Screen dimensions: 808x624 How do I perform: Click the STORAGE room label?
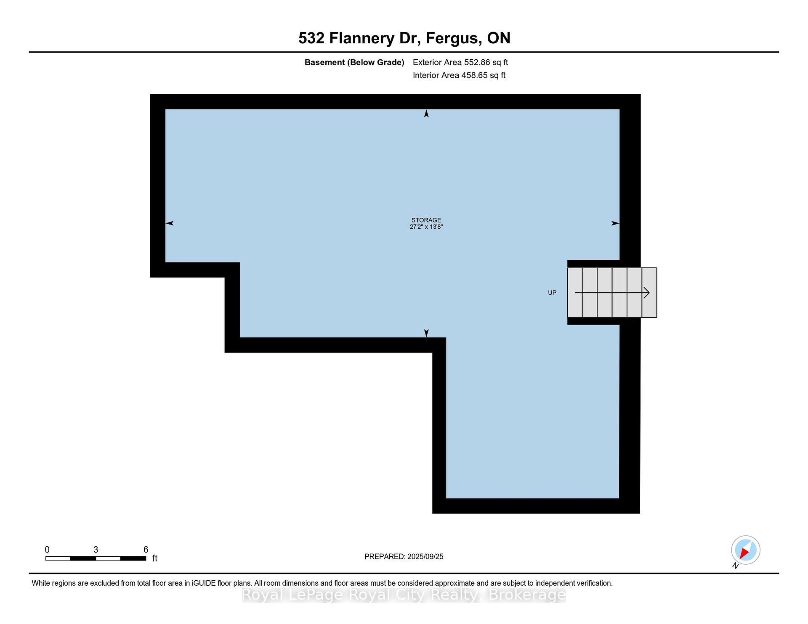tap(426, 220)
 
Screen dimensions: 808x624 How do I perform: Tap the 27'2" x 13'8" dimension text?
tap(426, 227)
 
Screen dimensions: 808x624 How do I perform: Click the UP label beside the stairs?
tap(552, 293)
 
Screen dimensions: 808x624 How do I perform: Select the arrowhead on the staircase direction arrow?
tap(647, 293)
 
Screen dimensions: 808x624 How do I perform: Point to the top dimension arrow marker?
tap(426, 114)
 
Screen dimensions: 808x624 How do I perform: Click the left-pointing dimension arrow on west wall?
tap(170, 223)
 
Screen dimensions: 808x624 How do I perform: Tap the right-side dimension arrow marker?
tap(615, 223)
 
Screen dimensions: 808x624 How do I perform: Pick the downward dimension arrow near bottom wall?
tap(426, 333)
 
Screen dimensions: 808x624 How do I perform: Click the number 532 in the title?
tap(311, 38)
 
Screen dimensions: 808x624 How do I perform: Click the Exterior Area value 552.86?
tap(477, 62)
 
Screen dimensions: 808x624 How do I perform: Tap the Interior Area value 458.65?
tap(475, 75)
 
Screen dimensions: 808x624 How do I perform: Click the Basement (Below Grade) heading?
tap(354, 62)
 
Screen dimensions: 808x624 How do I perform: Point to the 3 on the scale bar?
tap(96, 550)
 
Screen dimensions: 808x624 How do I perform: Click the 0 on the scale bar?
tap(47, 550)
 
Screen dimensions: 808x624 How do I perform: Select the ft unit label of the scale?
tap(154, 558)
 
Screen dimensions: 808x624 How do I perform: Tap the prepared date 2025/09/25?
tap(425, 557)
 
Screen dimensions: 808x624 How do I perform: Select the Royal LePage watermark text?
tap(404, 595)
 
